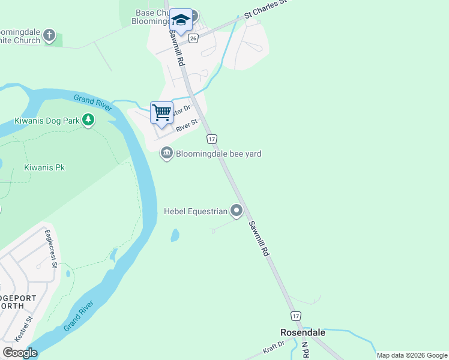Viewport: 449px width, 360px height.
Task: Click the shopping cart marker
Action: (x=161, y=113)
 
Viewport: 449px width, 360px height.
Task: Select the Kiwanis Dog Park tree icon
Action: (x=88, y=121)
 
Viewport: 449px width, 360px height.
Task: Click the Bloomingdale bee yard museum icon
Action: (x=166, y=154)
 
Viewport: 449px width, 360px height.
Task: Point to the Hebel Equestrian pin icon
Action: (x=237, y=211)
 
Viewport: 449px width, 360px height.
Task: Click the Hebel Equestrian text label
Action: (x=196, y=211)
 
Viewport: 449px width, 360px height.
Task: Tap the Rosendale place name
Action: (x=303, y=332)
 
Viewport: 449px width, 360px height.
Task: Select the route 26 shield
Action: (x=193, y=38)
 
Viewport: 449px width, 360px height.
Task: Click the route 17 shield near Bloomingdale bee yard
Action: (x=211, y=139)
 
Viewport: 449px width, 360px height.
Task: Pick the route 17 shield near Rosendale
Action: (x=295, y=316)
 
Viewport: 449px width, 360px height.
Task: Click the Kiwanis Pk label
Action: (x=44, y=167)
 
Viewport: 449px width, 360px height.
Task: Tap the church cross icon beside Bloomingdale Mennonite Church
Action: (x=50, y=36)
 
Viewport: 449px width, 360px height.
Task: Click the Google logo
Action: (x=20, y=353)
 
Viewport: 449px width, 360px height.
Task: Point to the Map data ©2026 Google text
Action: (x=411, y=355)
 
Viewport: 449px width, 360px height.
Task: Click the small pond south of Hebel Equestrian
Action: (x=175, y=235)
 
